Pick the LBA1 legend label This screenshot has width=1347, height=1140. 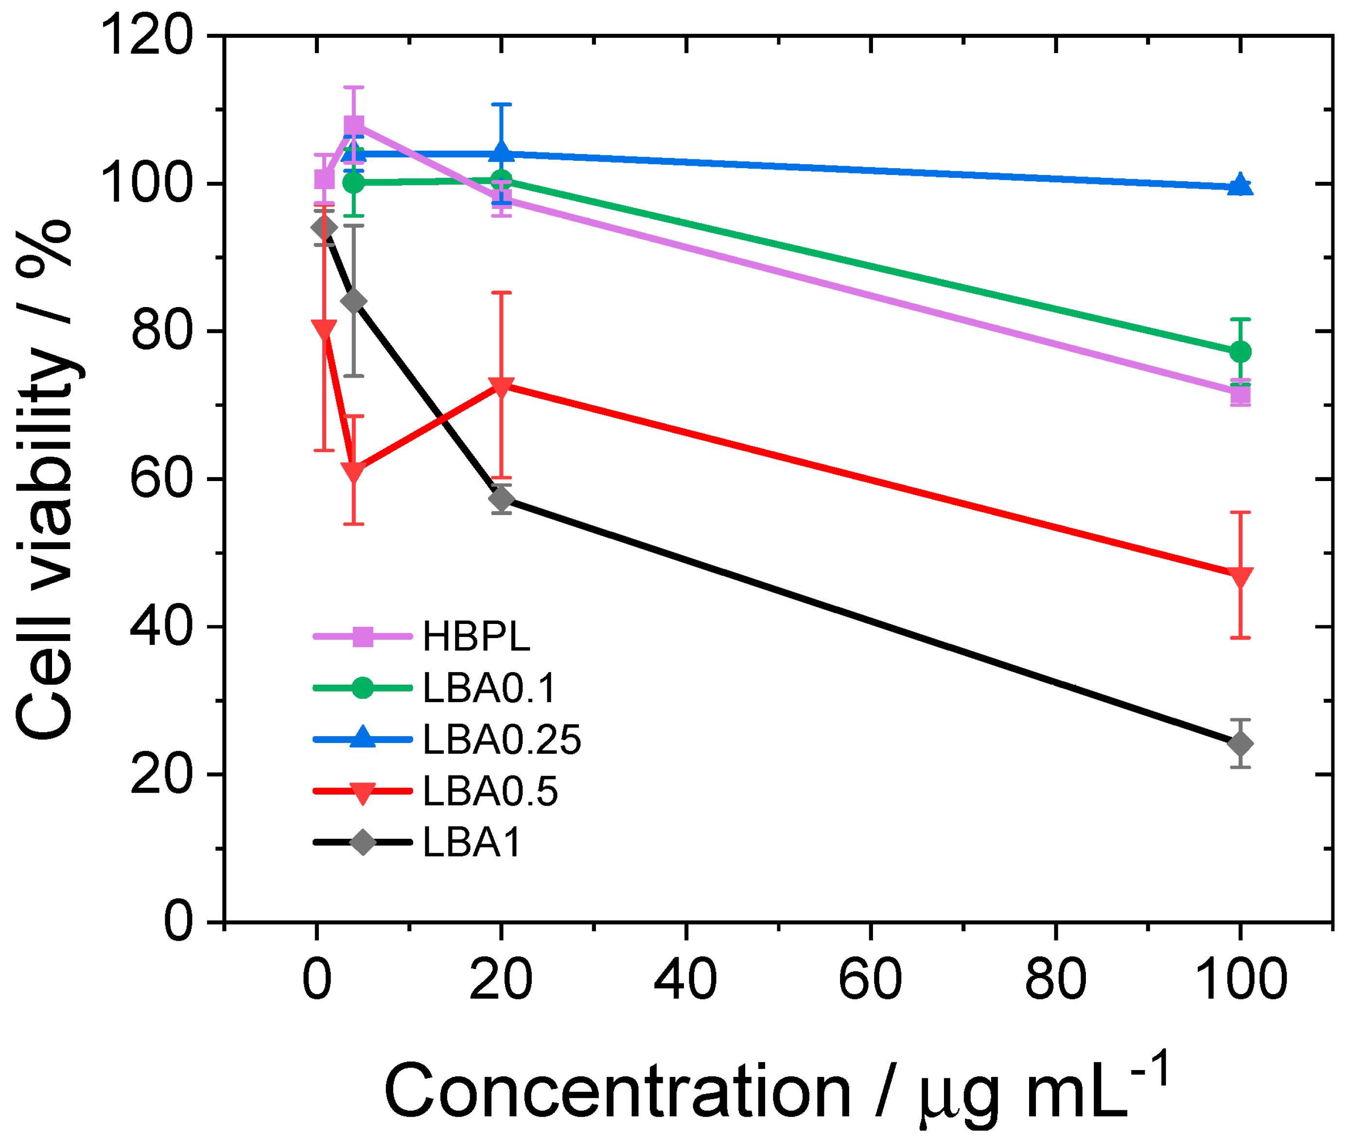(472, 842)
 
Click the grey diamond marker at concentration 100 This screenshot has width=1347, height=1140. (1240, 744)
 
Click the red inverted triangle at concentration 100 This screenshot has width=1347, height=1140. (1240, 576)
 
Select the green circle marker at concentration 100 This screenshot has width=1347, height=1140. (1240, 352)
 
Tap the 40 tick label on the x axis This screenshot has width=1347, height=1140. (685, 980)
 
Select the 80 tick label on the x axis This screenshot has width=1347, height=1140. (1055, 980)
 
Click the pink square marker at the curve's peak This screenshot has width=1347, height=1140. (353, 125)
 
